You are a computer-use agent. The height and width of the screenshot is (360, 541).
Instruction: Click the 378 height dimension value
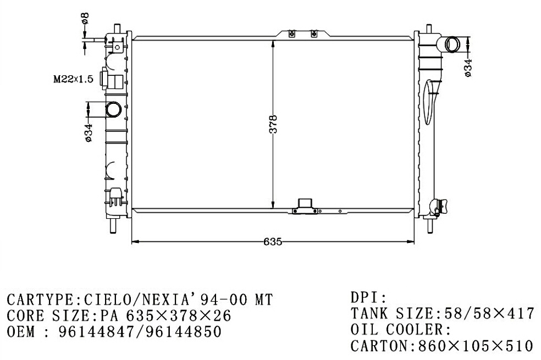273,124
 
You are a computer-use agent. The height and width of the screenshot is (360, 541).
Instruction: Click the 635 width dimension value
273,242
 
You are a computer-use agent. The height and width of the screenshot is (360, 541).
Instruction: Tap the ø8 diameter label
85,18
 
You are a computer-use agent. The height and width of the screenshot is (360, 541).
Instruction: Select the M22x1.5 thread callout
73,79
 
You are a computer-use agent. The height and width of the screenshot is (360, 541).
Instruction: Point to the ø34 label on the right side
468,68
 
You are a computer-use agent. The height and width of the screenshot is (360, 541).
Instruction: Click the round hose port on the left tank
113,109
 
